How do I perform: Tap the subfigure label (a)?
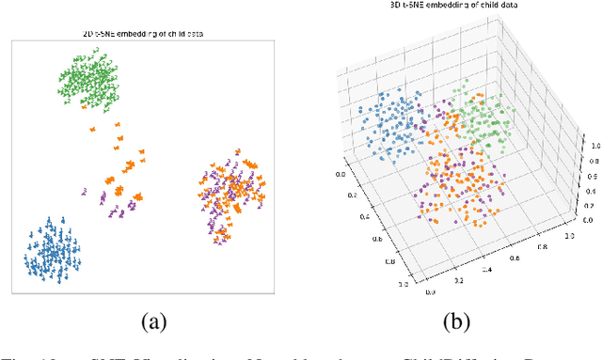[153, 323]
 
